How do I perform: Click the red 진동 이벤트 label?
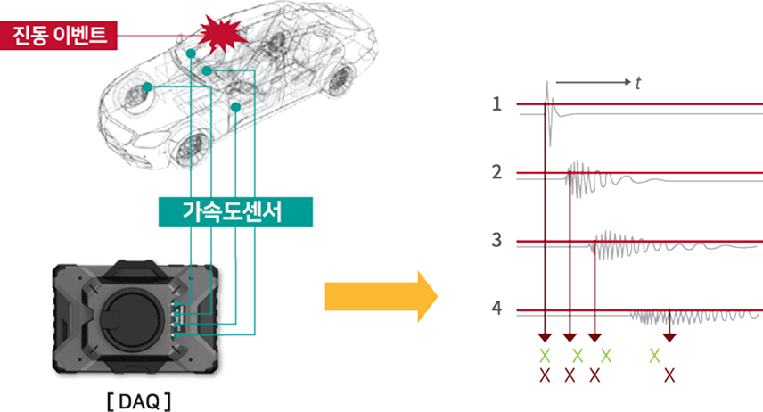[x=59, y=35]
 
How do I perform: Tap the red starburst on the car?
[x=222, y=34]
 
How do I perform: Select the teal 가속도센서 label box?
[x=235, y=211]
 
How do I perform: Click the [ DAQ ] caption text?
[x=139, y=402]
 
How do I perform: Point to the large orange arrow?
[x=381, y=297]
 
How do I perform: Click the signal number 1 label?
[x=496, y=103]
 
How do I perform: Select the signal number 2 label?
[x=496, y=172]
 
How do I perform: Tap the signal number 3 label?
[x=496, y=240]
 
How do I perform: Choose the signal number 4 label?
[x=496, y=308]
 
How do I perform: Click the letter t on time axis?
[x=638, y=83]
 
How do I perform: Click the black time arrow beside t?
[x=593, y=82]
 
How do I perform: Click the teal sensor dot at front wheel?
[x=147, y=87]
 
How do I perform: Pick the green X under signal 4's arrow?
[x=654, y=356]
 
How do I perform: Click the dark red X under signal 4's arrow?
[x=669, y=375]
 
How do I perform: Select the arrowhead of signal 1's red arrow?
[x=545, y=337]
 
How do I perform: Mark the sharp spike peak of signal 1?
[x=547, y=82]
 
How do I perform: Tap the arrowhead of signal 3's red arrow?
[x=595, y=337]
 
